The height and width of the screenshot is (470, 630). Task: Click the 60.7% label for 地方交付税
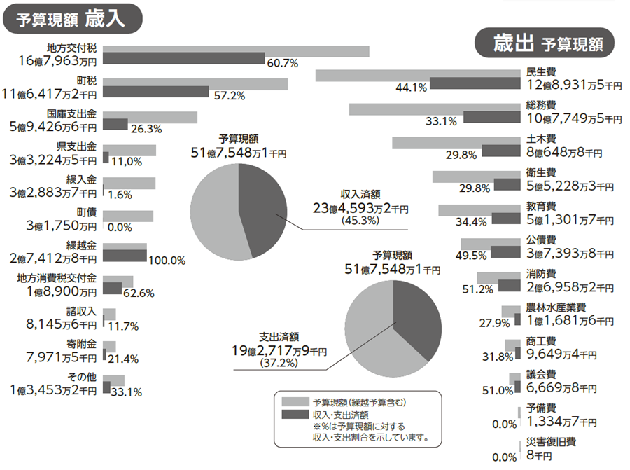coord(283,63)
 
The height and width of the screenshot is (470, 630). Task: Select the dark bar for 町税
coord(155,91)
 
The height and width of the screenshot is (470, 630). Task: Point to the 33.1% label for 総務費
coord(441,121)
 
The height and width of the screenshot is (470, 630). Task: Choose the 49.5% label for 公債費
coord(473,256)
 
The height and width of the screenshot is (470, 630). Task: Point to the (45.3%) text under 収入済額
coord(360,221)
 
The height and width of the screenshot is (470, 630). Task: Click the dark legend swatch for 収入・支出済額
coord(295,415)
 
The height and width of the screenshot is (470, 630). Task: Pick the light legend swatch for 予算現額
coord(295,402)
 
